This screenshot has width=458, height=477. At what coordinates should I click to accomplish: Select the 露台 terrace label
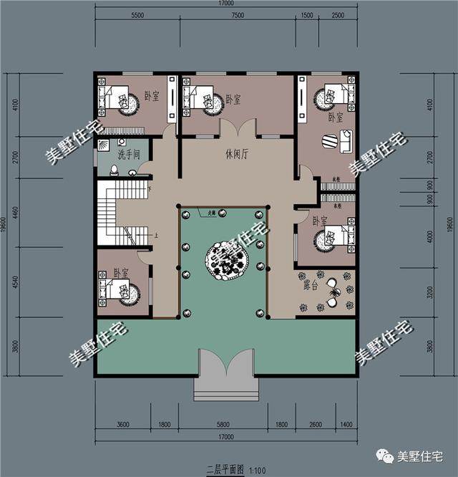pos(311,284)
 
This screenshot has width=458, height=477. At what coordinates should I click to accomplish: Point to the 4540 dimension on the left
pos(16,281)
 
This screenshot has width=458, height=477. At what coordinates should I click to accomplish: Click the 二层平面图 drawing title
pos(221,469)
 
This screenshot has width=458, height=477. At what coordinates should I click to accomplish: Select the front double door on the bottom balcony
pos(225,366)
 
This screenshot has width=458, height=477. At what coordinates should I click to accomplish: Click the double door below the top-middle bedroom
pos(237,128)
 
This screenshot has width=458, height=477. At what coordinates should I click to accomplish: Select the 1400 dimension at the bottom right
pos(347,425)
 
